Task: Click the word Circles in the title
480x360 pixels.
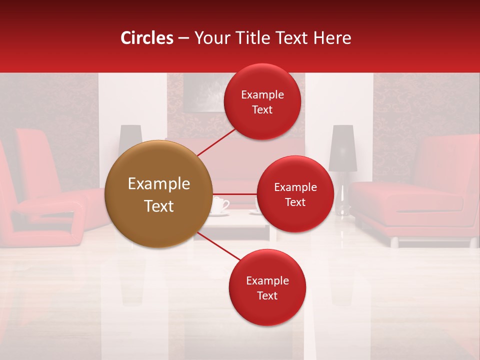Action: click(147, 38)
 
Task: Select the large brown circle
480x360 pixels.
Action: click(158, 194)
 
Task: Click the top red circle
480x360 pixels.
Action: click(262, 102)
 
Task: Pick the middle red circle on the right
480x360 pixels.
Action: click(295, 194)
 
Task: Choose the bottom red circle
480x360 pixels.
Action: click(267, 287)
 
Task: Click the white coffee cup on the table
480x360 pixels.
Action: click(219, 205)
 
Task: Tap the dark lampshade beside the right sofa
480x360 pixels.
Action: click(342, 148)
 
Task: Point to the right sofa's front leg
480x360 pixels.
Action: click(394, 242)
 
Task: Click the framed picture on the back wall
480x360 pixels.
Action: click(202, 92)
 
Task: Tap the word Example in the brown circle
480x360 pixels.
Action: click(158, 184)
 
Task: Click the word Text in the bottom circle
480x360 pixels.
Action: click(267, 296)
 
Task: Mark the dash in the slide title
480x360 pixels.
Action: click(183, 38)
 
